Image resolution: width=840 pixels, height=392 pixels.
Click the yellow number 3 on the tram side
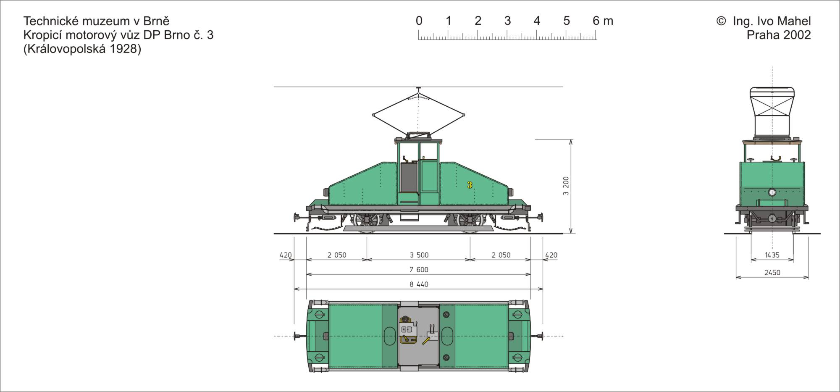[x=470, y=185]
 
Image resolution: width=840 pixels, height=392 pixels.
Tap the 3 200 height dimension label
[x=566, y=186]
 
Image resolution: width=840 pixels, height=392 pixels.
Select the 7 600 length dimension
[x=419, y=270]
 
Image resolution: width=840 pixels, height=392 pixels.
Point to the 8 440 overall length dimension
[x=419, y=284]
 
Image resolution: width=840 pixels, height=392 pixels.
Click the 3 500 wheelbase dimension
[x=419, y=255]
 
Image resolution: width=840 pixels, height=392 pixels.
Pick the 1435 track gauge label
[x=772, y=255]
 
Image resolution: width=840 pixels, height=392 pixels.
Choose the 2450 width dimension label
[x=772, y=273]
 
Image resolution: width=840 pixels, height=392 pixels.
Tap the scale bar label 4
[x=537, y=21]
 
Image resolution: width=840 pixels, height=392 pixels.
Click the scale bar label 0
[x=419, y=21]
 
